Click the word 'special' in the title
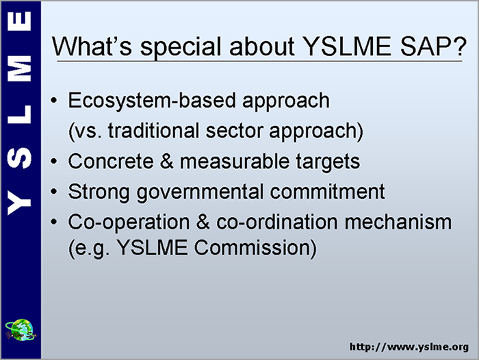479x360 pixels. coord(181,47)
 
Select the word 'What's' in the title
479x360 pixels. coord(92,47)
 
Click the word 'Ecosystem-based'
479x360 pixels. coord(152,101)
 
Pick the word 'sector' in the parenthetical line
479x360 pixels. coord(234,131)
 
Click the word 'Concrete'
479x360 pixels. coord(111,162)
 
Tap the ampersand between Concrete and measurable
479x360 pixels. coord(166,162)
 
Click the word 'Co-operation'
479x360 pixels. coord(129,222)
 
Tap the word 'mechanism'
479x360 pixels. coord(398,222)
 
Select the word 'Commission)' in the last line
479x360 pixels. coord(255,248)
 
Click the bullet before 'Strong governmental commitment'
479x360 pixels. coord(54,192)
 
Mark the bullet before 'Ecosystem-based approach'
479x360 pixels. coord(54,100)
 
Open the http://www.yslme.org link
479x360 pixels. coord(409,347)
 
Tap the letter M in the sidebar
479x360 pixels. coord(19,68)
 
